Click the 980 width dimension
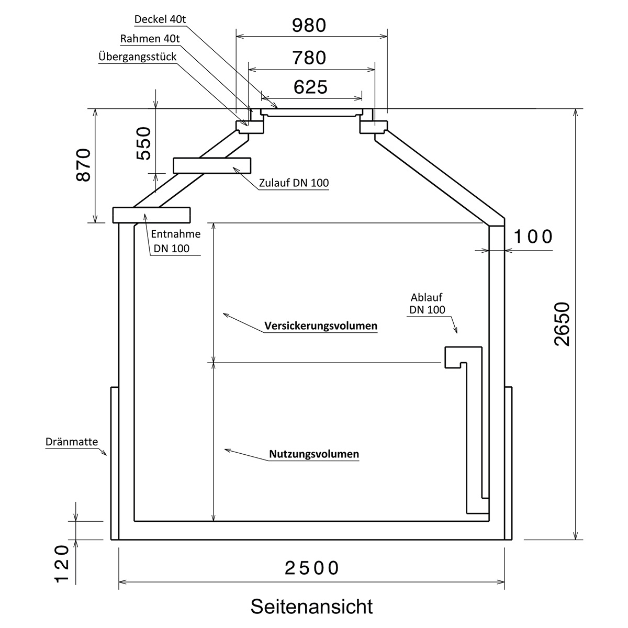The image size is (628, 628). [x=309, y=25]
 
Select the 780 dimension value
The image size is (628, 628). [x=310, y=58]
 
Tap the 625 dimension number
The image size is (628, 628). [x=310, y=87]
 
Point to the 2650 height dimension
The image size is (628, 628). [x=562, y=324]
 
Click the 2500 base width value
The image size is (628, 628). [x=312, y=568]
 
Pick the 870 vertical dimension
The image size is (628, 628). [x=84, y=165]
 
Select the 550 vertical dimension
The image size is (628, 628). [x=143, y=143]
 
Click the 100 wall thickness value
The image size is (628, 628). [x=533, y=237]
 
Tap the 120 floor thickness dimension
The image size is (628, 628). [x=62, y=565]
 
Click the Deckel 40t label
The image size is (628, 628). [x=160, y=20]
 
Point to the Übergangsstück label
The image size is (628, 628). [x=137, y=57]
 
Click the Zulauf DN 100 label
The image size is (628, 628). [x=294, y=183]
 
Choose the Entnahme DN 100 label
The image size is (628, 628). [x=175, y=241]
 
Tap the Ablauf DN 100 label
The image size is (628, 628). [x=428, y=304]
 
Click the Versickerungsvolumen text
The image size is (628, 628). [x=321, y=326]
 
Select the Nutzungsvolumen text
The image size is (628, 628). [x=314, y=454]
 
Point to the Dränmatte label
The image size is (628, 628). [x=72, y=442]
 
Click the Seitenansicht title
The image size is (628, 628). [x=311, y=607]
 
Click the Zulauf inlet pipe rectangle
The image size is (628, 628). [x=212, y=165]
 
